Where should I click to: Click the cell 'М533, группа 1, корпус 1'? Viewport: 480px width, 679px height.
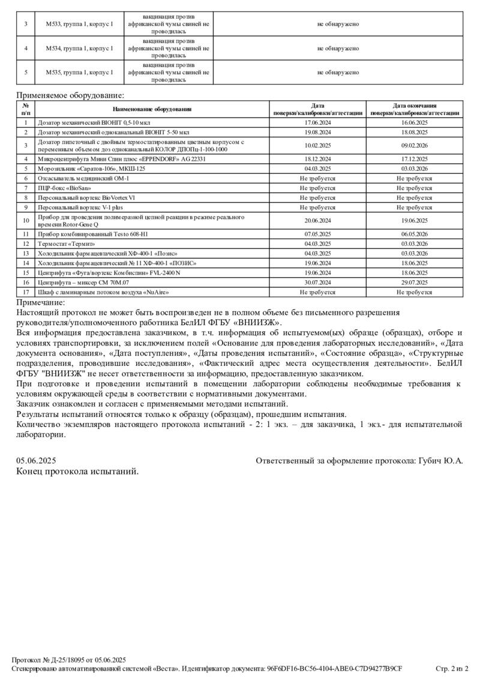[x=79, y=24]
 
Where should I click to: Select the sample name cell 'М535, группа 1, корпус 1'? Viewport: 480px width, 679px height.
[x=79, y=73]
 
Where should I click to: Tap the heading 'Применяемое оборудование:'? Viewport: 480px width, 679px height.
[x=70, y=95]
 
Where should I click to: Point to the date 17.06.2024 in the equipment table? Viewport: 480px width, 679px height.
[x=317, y=122]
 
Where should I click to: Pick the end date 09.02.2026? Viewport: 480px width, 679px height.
[x=414, y=145]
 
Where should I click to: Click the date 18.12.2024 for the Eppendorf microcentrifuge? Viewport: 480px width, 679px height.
[x=317, y=160]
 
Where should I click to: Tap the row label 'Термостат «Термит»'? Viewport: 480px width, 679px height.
[x=67, y=244]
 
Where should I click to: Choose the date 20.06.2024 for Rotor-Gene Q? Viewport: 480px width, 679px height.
[x=317, y=220]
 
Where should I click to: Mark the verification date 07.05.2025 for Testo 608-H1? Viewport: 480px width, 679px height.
[x=317, y=235]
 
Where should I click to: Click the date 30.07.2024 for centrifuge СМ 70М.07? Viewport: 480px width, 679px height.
[x=317, y=282]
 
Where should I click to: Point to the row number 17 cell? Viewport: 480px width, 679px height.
[x=26, y=292]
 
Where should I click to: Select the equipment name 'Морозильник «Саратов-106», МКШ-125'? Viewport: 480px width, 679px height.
[x=91, y=169]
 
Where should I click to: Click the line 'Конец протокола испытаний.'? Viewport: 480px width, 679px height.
[x=77, y=471]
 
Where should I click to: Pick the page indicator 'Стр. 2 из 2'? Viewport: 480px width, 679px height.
[x=451, y=668]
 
